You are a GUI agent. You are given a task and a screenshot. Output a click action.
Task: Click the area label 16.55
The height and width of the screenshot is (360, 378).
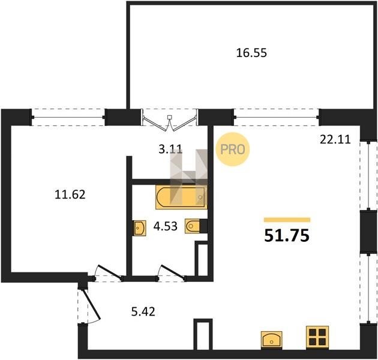[251, 53]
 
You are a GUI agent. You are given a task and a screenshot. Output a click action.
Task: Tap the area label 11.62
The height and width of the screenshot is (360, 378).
[70, 194]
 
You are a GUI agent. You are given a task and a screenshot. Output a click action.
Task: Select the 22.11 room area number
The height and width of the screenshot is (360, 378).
[335, 139]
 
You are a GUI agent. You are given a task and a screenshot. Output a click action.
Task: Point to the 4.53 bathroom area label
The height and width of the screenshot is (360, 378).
[166, 226]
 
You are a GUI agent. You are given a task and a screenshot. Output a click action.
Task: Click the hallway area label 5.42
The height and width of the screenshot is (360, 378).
[143, 311]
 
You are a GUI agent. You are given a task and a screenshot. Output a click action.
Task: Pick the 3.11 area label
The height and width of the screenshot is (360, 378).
[170, 149]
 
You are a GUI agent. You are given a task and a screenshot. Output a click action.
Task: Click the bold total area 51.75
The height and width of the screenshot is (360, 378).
[287, 235]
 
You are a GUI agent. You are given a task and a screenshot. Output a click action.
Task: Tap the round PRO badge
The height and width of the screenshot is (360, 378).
[233, 149]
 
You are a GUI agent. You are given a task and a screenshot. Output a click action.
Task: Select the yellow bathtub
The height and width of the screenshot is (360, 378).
[181, 197]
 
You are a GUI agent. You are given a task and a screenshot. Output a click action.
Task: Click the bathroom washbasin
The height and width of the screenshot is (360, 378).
[140, 227]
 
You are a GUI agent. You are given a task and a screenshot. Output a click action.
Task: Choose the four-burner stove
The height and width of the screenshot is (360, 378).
[317, 337]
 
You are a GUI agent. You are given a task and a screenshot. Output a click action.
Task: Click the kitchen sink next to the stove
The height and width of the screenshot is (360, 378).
[272, 340]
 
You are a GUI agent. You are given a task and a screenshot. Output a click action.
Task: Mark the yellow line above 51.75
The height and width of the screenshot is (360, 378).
[287, 220]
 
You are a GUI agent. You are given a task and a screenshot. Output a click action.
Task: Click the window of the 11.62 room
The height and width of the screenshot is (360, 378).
[68, 118]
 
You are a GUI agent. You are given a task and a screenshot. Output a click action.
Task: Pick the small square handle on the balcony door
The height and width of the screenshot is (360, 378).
[170, 118]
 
